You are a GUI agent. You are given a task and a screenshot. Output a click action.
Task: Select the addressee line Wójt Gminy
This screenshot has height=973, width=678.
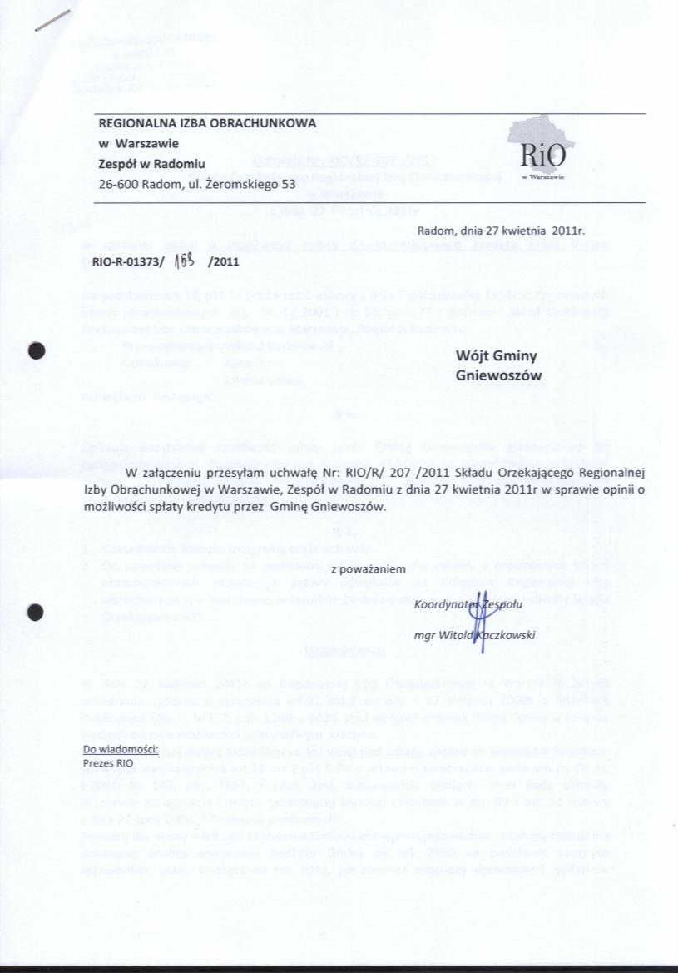click(x=497, y=356)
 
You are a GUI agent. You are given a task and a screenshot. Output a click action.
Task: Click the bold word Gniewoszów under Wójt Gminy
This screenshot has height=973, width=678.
click(x=499, y=375)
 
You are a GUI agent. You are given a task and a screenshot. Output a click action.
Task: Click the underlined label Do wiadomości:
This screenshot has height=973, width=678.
click(x=121, y=750)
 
